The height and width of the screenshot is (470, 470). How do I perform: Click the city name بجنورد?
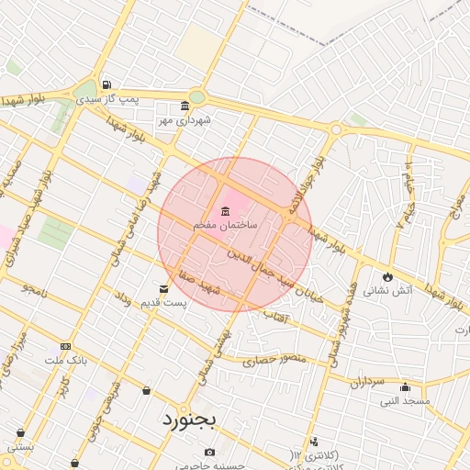click(x=189, y=420)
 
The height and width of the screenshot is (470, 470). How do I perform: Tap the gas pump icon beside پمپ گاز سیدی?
click(x=107, y=84)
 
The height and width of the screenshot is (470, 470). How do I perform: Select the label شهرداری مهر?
click(x=184, y=119)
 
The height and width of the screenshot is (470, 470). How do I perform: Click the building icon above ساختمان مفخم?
click(x=226, y=212)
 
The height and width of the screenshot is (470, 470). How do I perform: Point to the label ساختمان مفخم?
click(x=226, y=225)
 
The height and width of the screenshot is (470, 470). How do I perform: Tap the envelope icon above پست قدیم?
click(x=164, y=288)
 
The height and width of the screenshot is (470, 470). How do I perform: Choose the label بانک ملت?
click(x=66, y=361)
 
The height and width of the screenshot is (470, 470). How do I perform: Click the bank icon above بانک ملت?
click(x=65, y=346)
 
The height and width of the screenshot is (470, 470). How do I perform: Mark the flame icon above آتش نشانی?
click(x=387, y=275)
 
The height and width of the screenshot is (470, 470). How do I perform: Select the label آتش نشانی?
click(x=387, y=290)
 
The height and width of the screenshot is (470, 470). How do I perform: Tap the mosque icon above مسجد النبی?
click(x=405, y=386)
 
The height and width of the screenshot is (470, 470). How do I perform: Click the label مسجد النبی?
click(x=405, y=401)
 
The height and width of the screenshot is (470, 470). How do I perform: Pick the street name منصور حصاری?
click(x=274, y=359)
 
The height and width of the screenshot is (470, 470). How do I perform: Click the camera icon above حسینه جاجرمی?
click(x=210, y=452)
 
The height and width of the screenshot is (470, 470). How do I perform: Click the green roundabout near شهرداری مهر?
click(x=197, y=97)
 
